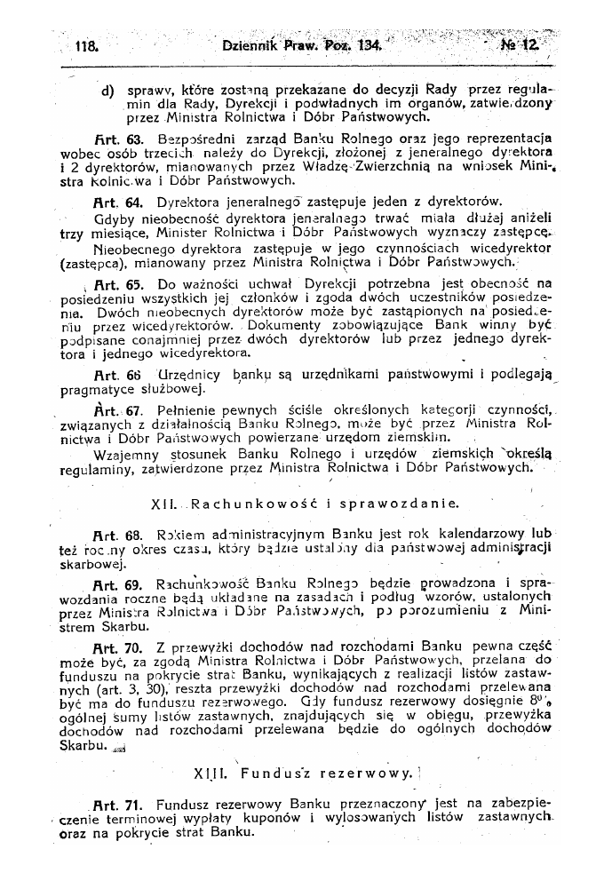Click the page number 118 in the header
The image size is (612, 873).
[86, 44]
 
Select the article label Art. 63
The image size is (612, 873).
[112, 139]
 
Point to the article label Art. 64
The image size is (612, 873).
[112, 202]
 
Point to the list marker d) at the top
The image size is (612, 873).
[108, 90]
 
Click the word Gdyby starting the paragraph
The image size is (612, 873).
[115, 218]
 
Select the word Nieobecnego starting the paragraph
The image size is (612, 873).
[133, 250]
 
